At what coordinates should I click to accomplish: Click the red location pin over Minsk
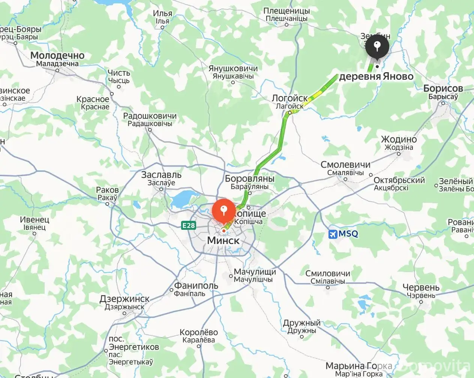click(224, 210)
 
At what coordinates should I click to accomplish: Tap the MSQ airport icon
click(332, 234)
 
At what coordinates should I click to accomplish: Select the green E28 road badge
click(188, 225)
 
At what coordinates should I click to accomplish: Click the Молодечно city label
click(57, 56)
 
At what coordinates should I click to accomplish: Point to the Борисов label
click(443, 89)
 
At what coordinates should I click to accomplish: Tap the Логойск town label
click(289, 98)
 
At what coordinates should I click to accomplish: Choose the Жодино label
click(399, 140)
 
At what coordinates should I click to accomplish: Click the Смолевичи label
click(345, 165)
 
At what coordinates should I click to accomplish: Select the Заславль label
click(161, 175)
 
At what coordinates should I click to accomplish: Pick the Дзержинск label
click(124, 299)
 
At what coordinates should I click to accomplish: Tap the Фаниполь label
click(196, 286)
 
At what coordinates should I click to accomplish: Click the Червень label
click(421, 287)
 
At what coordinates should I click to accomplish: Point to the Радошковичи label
click(150, 116)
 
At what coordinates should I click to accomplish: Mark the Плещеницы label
click(286, 11)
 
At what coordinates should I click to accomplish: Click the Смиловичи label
click(328, 274)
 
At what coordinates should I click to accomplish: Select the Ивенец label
click(34, 220)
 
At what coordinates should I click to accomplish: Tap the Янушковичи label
click(233, 69)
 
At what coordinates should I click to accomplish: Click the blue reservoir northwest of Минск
click(183, 198)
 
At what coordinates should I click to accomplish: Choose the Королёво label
click(199, 332)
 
